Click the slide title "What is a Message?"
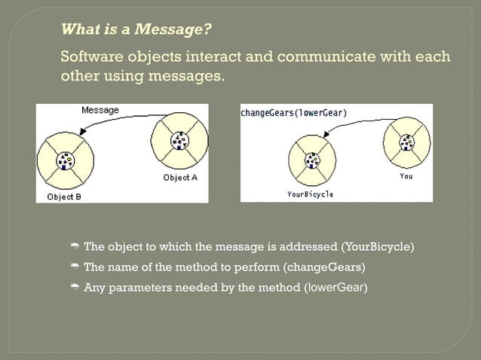136,30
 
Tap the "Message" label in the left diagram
100,110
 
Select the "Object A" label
180,178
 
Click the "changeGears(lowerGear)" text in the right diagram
294,113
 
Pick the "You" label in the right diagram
406,176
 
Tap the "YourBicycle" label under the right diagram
310,194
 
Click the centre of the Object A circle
179,141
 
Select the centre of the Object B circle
66,160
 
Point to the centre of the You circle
407,143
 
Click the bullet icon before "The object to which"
75,248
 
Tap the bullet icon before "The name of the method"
75,267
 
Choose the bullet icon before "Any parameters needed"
75,287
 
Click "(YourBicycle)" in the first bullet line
378,247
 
